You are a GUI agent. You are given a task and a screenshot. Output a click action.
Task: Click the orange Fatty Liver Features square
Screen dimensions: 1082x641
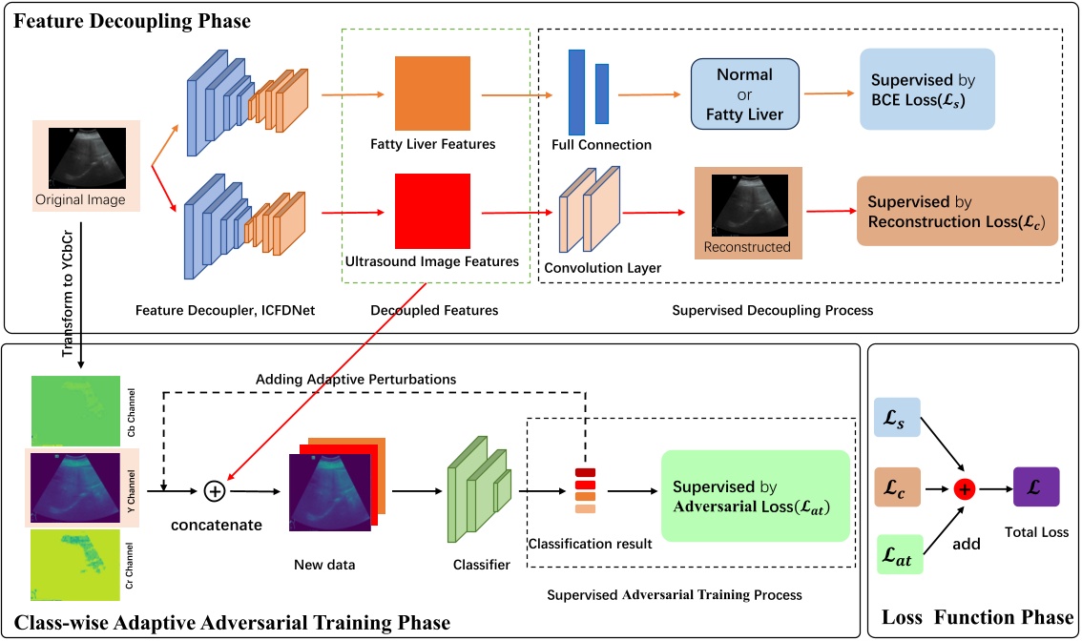432,93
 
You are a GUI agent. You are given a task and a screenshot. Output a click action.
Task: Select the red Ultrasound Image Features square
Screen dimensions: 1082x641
432,211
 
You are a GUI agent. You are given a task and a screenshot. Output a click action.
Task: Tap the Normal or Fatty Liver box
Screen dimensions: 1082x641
744,93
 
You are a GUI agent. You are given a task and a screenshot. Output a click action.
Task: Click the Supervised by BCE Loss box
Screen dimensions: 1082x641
926,89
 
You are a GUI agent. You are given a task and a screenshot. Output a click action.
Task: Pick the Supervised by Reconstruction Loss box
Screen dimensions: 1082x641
957,211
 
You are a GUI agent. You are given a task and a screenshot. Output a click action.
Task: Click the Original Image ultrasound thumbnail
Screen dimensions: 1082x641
87,158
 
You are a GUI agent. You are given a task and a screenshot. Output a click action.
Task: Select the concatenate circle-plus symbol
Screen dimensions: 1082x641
215,491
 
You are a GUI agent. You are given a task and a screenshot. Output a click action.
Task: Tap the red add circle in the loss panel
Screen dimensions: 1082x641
964,489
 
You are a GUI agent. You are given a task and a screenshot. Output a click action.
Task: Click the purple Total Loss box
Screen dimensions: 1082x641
1036,487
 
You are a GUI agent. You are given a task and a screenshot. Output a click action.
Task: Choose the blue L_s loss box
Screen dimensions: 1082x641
897,418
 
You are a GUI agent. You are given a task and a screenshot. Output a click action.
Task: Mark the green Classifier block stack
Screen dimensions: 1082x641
479,489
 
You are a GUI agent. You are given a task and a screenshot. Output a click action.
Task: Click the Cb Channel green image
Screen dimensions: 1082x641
75,410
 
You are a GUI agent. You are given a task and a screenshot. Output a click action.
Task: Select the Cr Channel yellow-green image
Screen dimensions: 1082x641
75,565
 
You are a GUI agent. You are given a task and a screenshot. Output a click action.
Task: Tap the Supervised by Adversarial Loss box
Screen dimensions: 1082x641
755,496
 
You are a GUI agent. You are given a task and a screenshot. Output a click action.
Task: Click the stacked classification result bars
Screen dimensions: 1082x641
585,490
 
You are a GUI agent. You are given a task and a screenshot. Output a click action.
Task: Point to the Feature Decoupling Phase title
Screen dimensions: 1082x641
132,21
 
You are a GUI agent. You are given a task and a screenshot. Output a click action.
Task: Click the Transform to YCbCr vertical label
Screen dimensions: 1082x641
68,293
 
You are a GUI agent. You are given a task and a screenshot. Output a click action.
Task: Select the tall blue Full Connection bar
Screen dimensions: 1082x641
576,93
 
